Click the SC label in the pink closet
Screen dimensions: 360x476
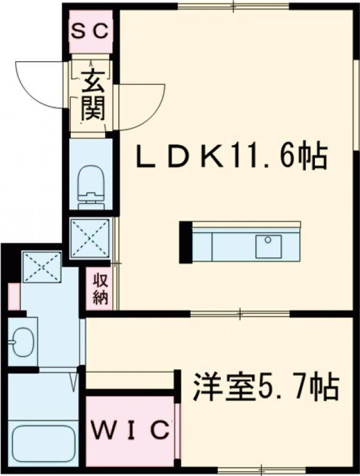(90, 31)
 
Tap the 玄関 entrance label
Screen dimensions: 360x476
(92, 96)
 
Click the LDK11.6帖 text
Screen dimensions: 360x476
(232, 157)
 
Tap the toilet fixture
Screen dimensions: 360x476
(91, 187)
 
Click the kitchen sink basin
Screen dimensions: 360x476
(268, 246)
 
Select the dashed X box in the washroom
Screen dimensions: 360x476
(42, 267)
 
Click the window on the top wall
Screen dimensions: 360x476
(233, 6)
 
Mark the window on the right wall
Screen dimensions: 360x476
(357, 104)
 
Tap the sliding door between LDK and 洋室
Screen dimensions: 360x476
(240, 314)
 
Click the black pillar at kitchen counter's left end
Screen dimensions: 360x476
(185, 242)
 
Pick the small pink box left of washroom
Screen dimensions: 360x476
(13, 296)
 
